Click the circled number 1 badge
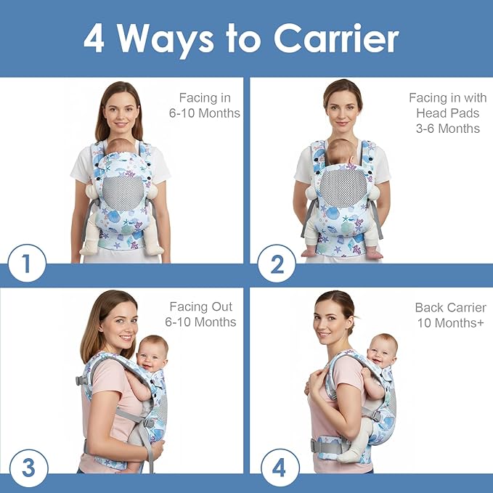coord(27,264)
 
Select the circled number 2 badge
coord(277,264)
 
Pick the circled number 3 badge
coord(27,468)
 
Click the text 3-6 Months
coord(448,129)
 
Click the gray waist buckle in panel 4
coord(318,445)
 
